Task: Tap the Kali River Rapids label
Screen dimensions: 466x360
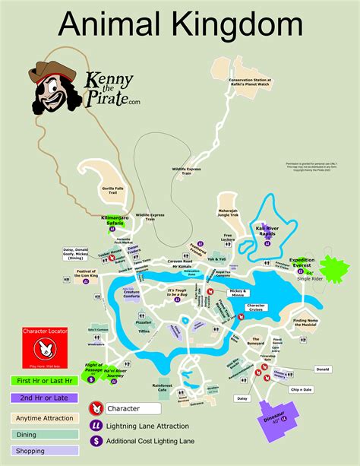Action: [269, 230]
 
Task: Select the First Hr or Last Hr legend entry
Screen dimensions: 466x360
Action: [42, 381]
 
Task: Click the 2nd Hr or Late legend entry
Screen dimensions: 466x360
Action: [42, 398]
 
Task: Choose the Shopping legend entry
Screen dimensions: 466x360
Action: [42, 451]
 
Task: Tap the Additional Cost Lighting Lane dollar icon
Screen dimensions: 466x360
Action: [96, 440]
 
